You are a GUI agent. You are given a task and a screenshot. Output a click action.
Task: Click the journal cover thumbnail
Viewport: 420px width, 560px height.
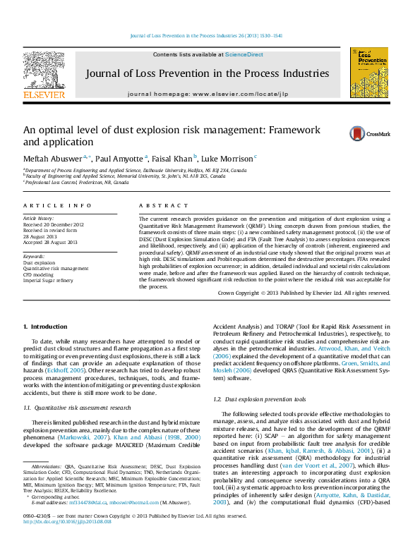click(x=368, y=72)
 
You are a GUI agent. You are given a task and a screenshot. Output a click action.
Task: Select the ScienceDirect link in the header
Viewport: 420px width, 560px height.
click(x=244, y=54)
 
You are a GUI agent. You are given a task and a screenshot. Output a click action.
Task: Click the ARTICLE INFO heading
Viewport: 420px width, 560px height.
click(x=57, y=205)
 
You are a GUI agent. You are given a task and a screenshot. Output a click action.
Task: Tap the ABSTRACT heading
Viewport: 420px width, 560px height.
click(x=159, y=205)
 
